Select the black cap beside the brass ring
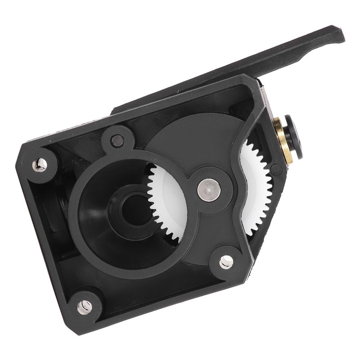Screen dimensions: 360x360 293,137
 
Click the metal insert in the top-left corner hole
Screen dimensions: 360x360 40,165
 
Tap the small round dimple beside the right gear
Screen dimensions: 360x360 276,170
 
